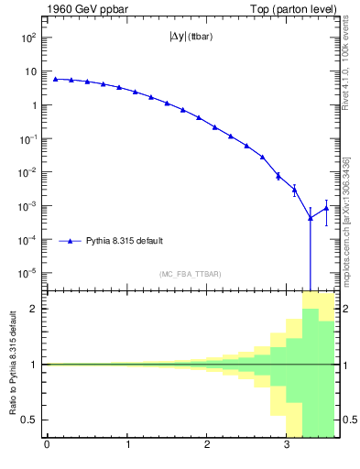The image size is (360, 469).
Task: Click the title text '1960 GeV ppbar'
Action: coord(82,8)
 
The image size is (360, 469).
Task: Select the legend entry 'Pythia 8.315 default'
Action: coord(125,241)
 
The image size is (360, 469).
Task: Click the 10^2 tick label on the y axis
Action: coord(27,38)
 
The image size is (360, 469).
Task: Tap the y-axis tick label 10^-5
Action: coord(27,273)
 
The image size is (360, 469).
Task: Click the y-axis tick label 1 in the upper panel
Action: coord(33,105)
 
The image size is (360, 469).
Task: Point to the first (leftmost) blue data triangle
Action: coord(55,79)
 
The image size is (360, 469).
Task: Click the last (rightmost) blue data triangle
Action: coord(326,207)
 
